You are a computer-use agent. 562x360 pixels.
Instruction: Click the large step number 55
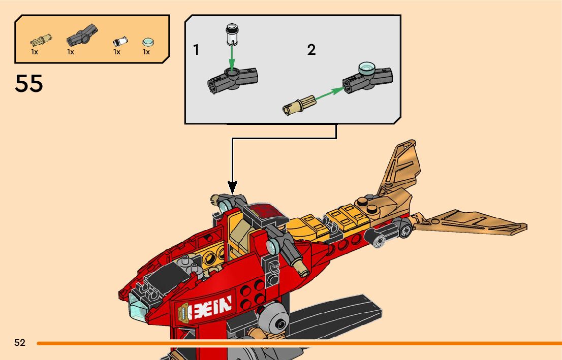click(x=29, y=84)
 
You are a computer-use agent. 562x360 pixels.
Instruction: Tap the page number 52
click(x=20, y=343)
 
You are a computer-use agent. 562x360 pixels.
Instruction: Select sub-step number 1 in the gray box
click(x=196, y=50)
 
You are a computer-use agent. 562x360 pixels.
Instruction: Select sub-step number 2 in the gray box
click(x=311, y=50)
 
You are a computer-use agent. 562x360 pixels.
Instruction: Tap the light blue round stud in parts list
click(x=147, y=42)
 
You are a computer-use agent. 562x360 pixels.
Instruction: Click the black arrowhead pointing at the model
click(x=232, y=188)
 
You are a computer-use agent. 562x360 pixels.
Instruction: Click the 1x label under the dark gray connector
click(x=71, y=52)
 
